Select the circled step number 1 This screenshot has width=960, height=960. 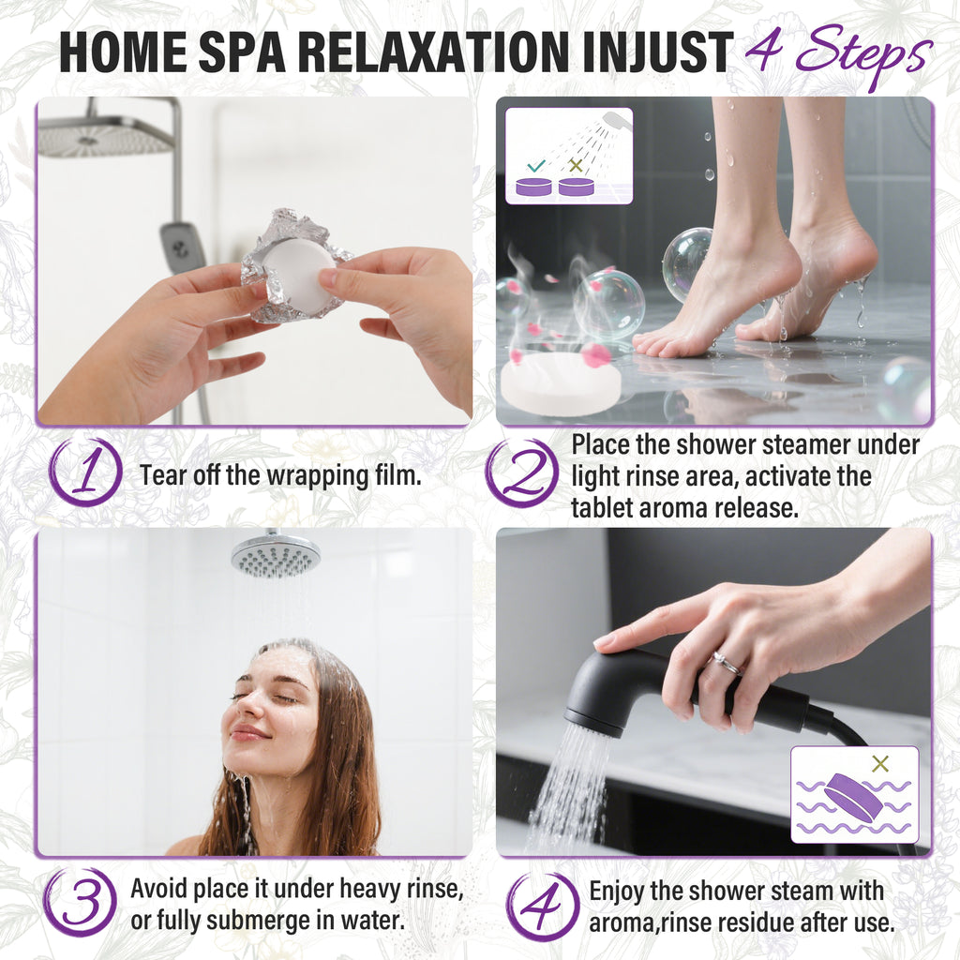[85, 473]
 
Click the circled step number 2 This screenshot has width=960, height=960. [522, 473]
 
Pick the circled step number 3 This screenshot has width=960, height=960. [80, 902]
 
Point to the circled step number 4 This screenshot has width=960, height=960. [542, 905]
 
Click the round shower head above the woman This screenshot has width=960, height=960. [276, 555]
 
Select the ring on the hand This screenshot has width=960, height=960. [727, 663]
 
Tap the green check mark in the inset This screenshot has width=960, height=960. [536, 165]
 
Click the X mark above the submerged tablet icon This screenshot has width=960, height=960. [879, 764]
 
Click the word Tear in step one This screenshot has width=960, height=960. [160, 474]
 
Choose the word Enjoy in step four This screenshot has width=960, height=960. [619, 891]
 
